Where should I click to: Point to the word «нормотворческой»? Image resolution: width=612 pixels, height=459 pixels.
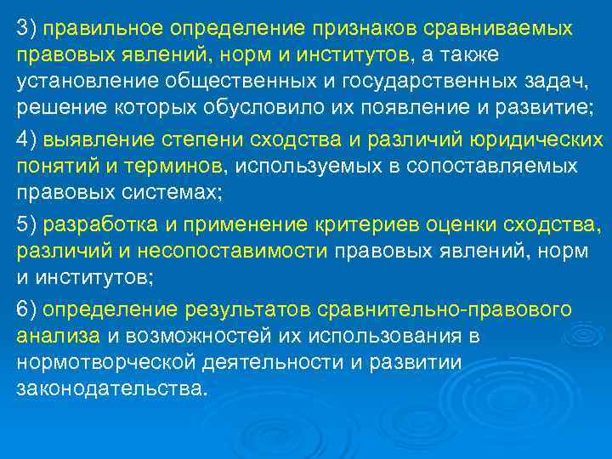(x=106, y=363)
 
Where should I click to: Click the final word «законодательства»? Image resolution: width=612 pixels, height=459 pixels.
(x=110, y=390)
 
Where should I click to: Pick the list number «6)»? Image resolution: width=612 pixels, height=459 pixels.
(x=26, y=309)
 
